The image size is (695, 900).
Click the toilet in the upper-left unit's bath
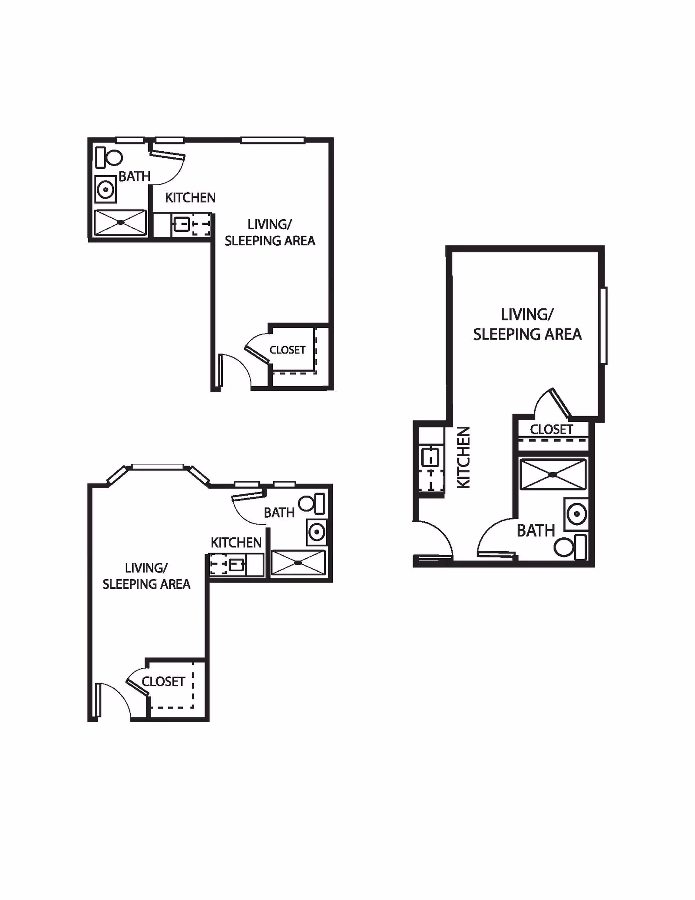tap(109, 157)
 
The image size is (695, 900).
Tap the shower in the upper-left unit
tap(120, 223)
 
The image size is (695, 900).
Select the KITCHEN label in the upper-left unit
tap(190, 198)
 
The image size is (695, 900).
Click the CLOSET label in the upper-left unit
tap(288, 350)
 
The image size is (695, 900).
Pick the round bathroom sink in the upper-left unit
tap(105, 190)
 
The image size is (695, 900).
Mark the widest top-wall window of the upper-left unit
tap(272, 140)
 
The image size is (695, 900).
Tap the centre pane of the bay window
tap(157, 467)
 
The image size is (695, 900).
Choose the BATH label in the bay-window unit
tap(279, 513)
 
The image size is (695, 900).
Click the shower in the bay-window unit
tap(298, 563)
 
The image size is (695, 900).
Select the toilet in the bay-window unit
tap(313, 503)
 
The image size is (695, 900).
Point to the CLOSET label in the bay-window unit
tap(163, 682)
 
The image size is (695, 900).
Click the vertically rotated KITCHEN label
tap(464, 457)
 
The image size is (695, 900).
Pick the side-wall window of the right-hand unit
tap(603, 325)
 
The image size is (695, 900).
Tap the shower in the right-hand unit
tap(553, 474)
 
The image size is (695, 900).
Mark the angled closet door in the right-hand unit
tap(559, 403)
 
